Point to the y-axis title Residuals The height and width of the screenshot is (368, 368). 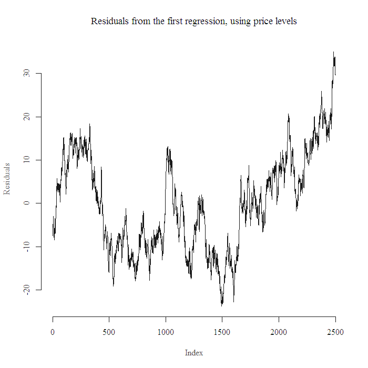[x=7, y=179]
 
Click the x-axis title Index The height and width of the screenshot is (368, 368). [x=194, y=353]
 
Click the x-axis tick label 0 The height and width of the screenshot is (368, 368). [x=53, y=332]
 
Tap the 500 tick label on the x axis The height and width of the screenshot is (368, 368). [x=109, y=332]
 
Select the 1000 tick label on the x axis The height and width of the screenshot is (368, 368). [x=166, y=332]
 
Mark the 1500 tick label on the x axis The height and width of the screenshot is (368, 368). [x=222, y=332]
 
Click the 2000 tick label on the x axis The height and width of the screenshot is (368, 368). [x=279, y=332]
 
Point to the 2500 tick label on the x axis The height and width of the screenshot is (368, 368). [x=335, y=332]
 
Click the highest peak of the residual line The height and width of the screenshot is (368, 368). [x=333, y=52]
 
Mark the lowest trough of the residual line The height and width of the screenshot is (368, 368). [x=222, y=305]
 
